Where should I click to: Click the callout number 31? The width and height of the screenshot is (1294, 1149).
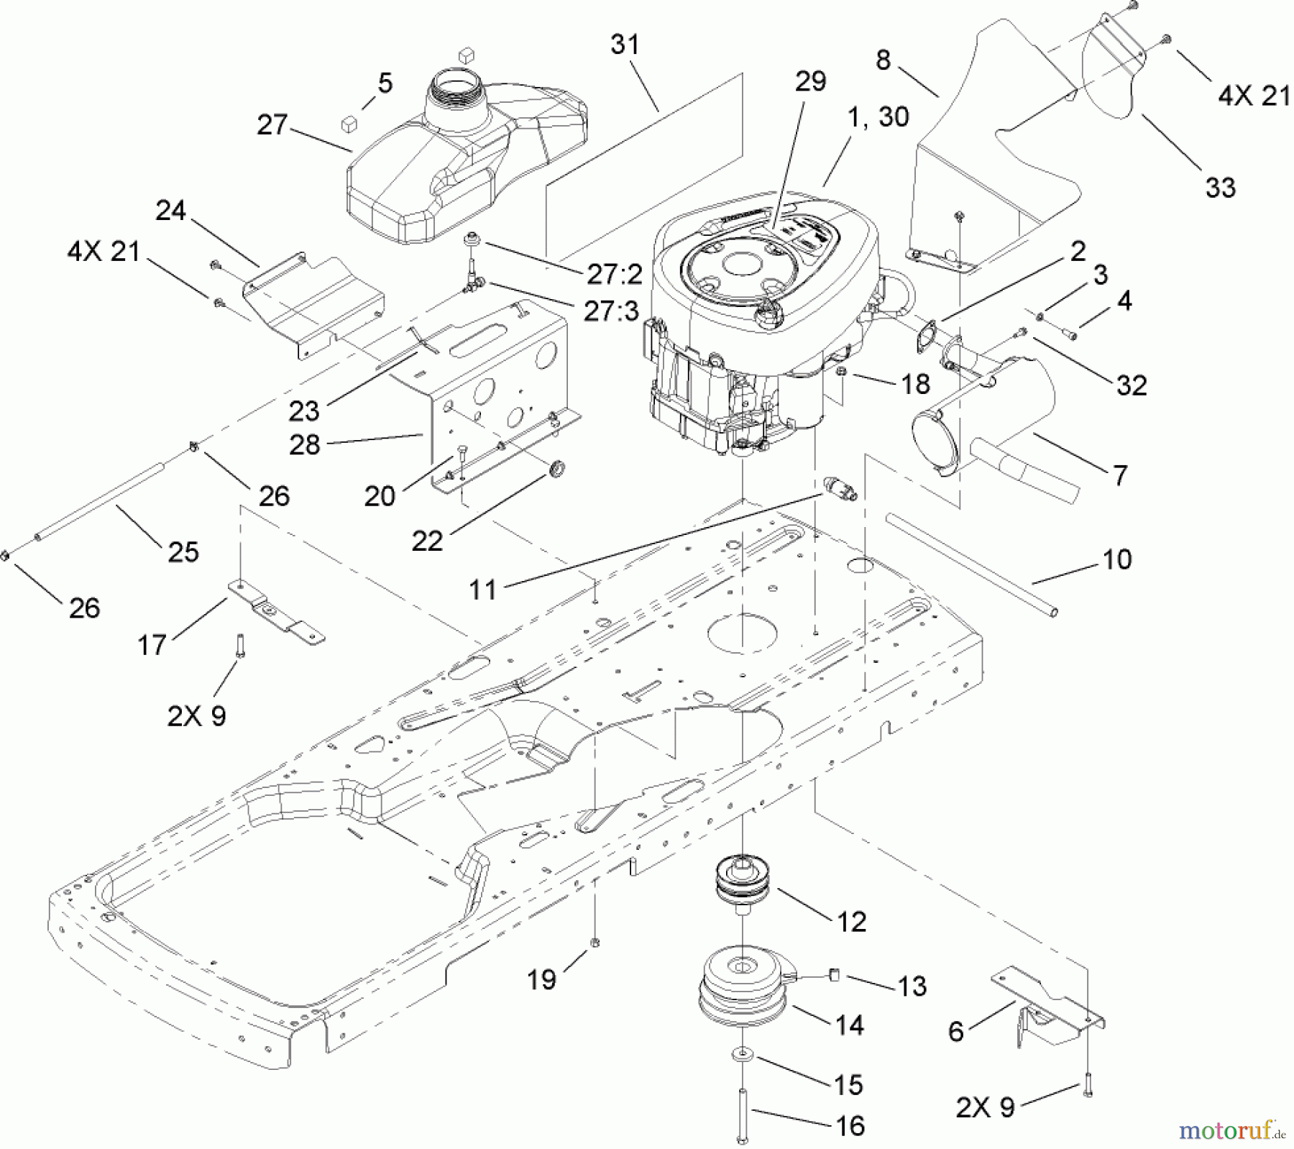[624, 45]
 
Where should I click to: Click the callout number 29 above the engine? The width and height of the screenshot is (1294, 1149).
[810, 81]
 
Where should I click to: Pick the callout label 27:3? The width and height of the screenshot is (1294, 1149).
[611, 312]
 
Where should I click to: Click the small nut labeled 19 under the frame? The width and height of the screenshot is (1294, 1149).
[595, 942]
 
